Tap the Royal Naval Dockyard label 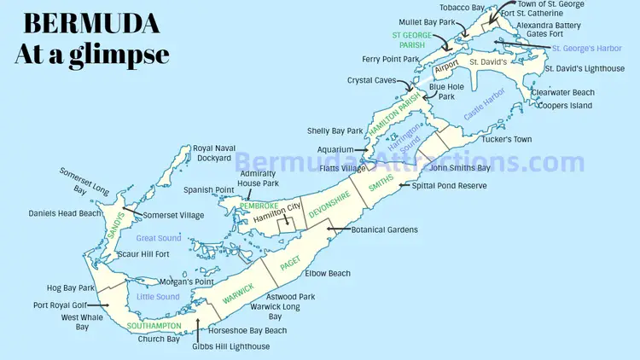point(212,153)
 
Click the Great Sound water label point(158,239)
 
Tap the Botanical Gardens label point(385,229)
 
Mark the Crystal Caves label point(371,80)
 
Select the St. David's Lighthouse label point(585,68)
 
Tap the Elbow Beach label point(328,274)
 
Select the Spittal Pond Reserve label point(451,185)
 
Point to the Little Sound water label point(158,297)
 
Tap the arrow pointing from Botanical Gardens point(338,229)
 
